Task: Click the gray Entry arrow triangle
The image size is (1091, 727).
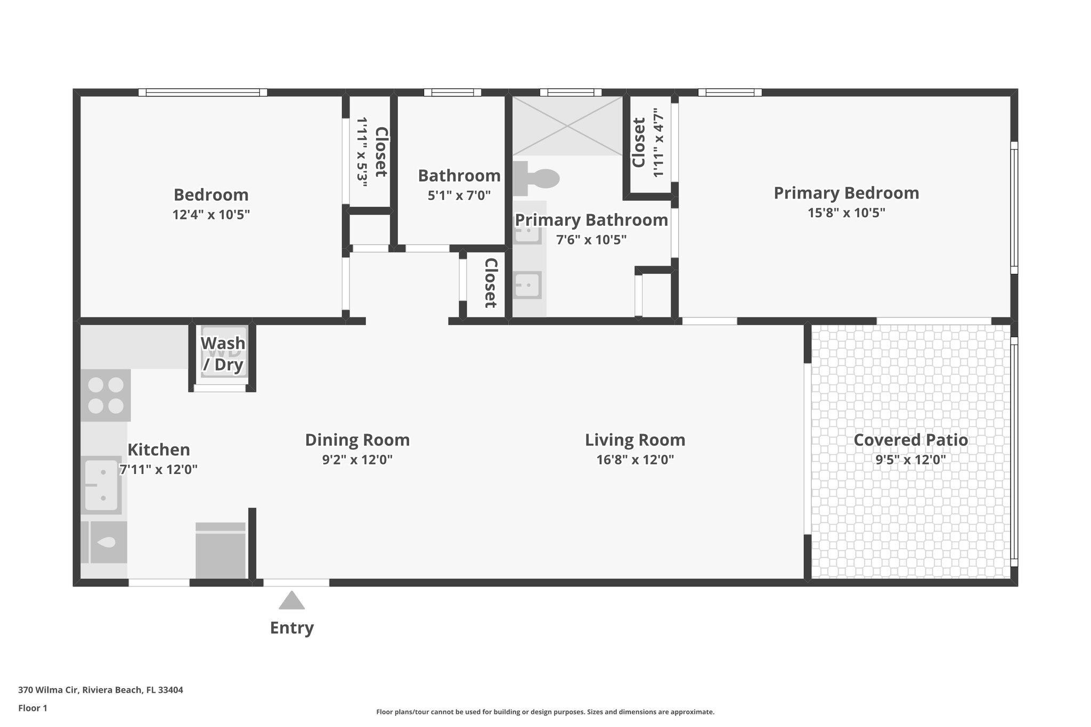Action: tap(291, 601)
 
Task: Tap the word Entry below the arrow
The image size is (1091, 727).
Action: tap(291, 628)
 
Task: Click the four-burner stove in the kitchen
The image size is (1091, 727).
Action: tap(105, 395)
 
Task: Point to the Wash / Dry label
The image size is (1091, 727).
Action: tap(223, 354)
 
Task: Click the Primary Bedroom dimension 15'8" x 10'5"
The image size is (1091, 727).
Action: tap(846, 213)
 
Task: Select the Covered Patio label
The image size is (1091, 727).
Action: tap(910, 440)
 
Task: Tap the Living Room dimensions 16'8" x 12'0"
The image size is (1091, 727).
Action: tap(635, 460)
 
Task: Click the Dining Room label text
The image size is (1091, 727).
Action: tap(357, 440)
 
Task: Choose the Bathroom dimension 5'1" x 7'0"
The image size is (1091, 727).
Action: tap(459, 195)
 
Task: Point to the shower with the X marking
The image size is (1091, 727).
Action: tap(567, 126)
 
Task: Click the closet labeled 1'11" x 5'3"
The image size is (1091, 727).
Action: tap(370, 152)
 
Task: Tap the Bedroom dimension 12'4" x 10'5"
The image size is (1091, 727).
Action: tap(211, 215)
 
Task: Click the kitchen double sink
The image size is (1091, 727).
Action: tap(101, 485)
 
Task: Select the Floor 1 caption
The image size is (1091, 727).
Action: tap(32, 708)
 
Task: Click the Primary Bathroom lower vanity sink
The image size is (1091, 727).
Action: tap(527, 285)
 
